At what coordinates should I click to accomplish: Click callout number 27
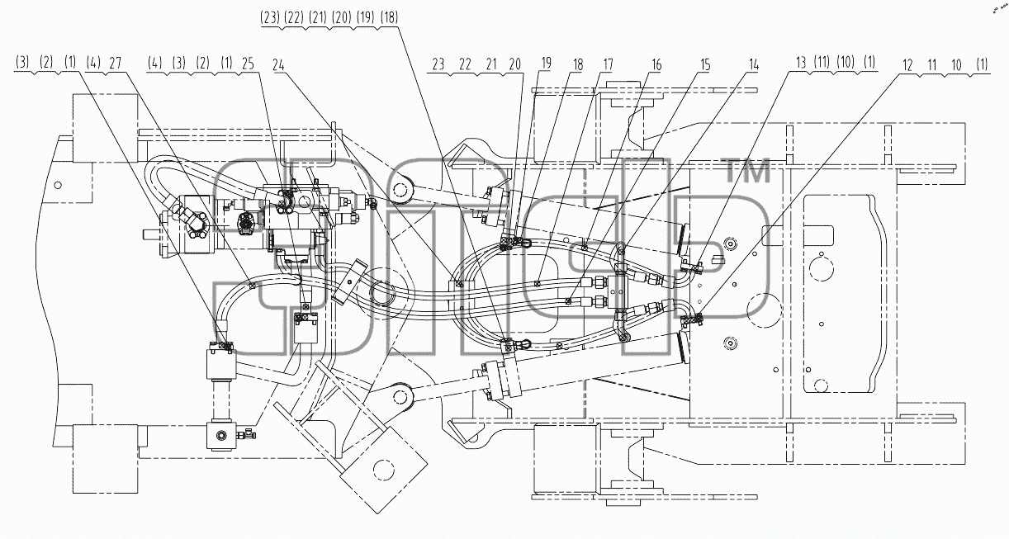point(116,63)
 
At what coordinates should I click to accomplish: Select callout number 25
point(248,64)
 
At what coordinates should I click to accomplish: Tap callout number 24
point(279,65)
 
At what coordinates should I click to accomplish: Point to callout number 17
point(608,65)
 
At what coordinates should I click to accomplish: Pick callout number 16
point(656,65)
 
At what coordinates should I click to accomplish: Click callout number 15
point(705,65)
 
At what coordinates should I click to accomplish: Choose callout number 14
point(754,65)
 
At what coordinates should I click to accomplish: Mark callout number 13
point(801,63)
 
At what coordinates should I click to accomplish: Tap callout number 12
point(907,66)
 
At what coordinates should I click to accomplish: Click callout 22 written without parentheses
point(465,65)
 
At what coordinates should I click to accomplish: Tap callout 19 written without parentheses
point(546,64)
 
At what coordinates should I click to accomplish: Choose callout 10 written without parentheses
point(956,66)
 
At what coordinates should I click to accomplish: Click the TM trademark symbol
point(749,172)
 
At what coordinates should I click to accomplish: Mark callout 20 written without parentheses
point(514,65)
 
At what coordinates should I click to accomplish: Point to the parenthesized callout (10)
point(846,63)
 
